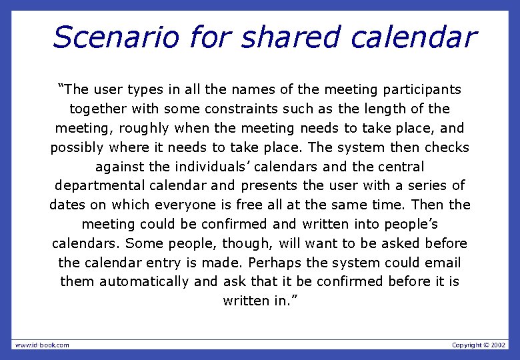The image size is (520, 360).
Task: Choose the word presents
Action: (x=269, y=185)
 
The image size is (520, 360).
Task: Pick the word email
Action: (x=442, y=263)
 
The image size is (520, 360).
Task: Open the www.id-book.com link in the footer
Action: (x=42, y=345)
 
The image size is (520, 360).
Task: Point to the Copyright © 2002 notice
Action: (x=479, y=345)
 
